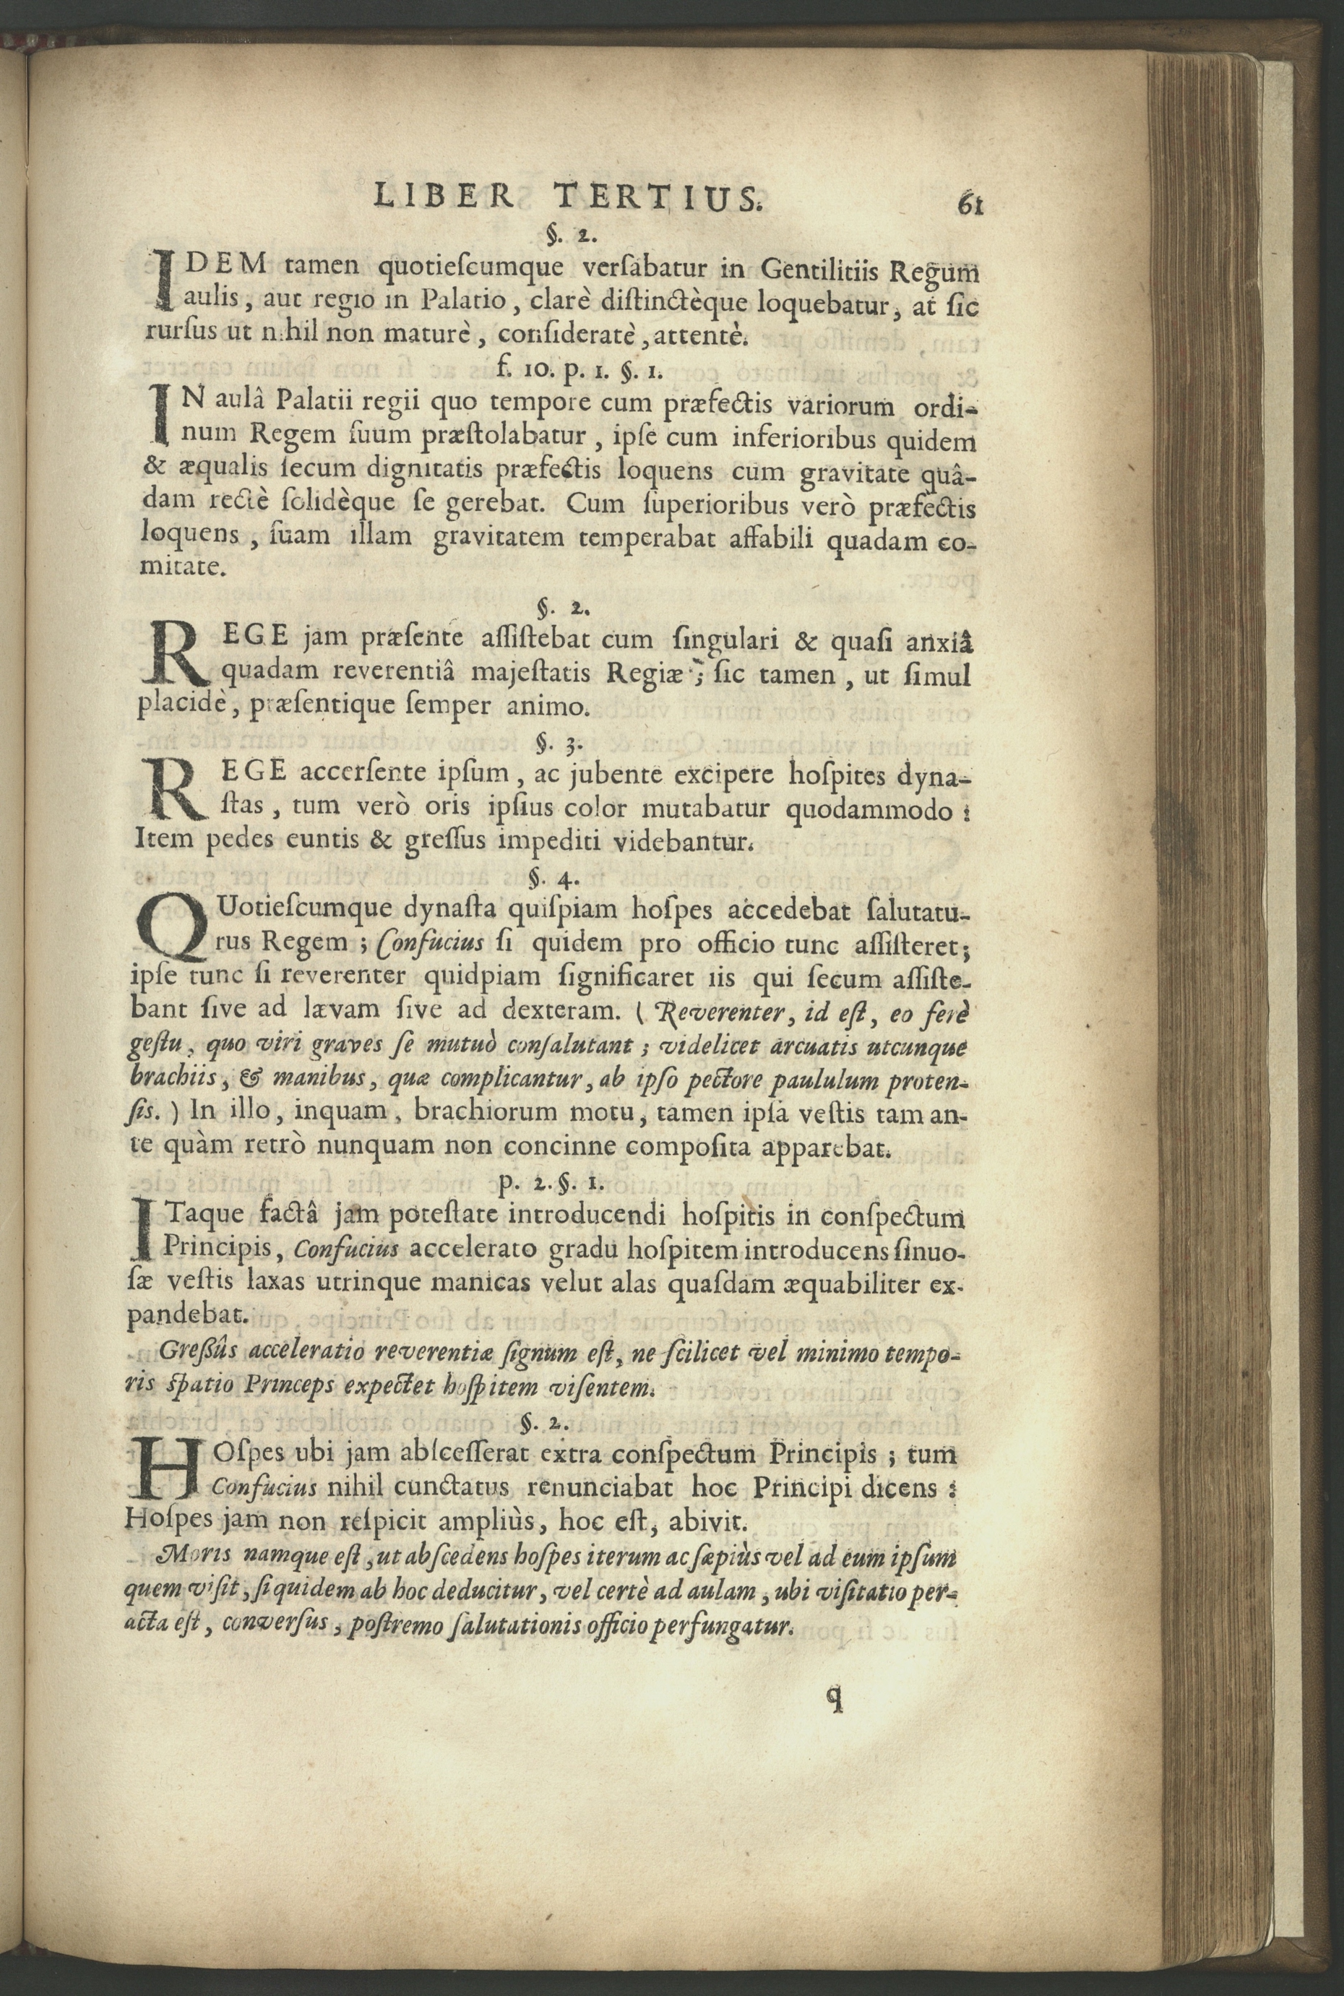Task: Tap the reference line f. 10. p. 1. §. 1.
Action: click(x=579, y=369)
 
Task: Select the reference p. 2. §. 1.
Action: click(x=552, y=1184)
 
